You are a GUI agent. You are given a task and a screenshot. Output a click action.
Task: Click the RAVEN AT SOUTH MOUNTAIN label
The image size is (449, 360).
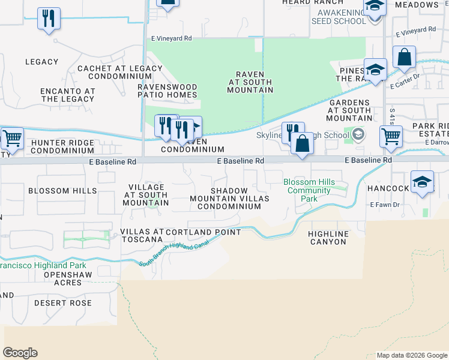250,82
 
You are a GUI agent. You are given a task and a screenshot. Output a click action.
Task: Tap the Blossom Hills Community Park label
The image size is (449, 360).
309,190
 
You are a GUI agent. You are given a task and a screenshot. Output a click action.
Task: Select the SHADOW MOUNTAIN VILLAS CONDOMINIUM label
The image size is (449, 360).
229,199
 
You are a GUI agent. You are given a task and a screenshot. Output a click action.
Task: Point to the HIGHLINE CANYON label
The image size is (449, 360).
327,238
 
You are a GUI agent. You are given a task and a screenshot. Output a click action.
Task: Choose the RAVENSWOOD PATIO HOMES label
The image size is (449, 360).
167,91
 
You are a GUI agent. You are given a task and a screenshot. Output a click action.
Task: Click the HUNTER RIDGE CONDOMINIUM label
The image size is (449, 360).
62,147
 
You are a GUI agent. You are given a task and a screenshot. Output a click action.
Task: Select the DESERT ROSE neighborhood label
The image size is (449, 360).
63,303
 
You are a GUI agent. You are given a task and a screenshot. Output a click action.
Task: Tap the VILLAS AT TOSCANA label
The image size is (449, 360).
142,235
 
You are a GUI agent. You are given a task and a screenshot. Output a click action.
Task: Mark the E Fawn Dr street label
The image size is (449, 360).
385,205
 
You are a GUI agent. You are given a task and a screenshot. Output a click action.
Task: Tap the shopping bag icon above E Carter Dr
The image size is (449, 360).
405,58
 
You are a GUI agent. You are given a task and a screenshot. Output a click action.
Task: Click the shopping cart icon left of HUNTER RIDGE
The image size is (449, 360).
11,139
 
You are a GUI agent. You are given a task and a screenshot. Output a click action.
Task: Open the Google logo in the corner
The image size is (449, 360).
20,353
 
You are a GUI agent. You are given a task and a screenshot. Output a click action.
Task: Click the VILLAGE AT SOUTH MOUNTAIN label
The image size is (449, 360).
145,195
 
